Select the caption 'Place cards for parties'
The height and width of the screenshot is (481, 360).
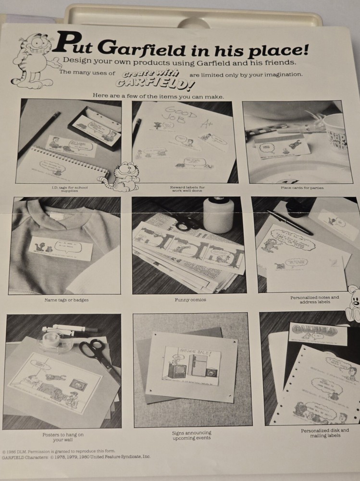302,188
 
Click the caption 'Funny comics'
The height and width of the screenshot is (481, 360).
190,300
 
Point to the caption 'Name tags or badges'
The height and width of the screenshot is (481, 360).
66,300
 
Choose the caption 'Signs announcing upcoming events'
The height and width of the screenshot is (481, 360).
191,435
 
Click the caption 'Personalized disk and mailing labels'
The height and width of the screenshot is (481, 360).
325,433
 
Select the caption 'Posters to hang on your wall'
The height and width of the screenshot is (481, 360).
62,437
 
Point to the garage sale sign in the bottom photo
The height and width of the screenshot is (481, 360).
191,366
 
